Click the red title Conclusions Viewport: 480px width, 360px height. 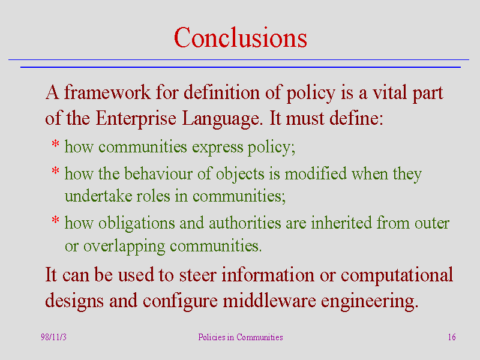241,38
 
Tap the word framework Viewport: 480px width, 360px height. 107,92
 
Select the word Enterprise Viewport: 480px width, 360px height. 136,119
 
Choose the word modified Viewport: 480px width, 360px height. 316,173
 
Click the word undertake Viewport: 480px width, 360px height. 98,196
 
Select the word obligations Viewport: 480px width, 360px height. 136,223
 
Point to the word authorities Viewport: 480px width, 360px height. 245,223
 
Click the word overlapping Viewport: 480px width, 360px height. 124,247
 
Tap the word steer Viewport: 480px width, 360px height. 197,275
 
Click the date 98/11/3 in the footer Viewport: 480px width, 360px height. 53,337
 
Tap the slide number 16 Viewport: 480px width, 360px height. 452,337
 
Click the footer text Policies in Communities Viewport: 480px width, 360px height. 241,337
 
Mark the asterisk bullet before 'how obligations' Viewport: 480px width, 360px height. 55,220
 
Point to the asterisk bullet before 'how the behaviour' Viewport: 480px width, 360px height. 55,170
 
